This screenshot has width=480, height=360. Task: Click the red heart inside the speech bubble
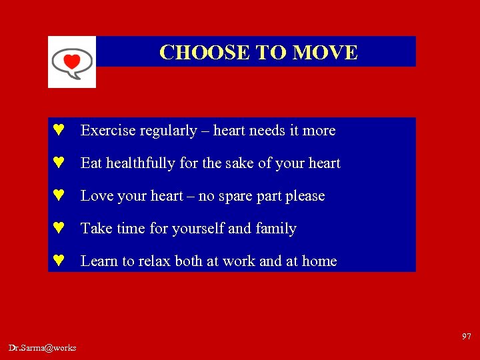click(x=71, y=61)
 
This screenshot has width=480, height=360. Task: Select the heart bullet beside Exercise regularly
click(x=58, y=131)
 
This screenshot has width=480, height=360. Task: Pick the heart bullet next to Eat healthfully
click(x=58, y=163)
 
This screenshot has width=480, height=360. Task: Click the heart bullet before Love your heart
click(x=58, y=196)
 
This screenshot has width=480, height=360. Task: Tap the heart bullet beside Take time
click(x=58, y=229)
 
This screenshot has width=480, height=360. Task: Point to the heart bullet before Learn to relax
click(x=58, y=261)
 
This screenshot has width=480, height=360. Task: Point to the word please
click(x=305, y=196)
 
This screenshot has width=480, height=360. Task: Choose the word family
click(x=276, y=229)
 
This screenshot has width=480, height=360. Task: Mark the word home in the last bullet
click(x=319, y=261)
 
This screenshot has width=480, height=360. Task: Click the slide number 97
click(x=467, y=336)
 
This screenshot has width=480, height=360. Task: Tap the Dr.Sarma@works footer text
click(x=43, y=347)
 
